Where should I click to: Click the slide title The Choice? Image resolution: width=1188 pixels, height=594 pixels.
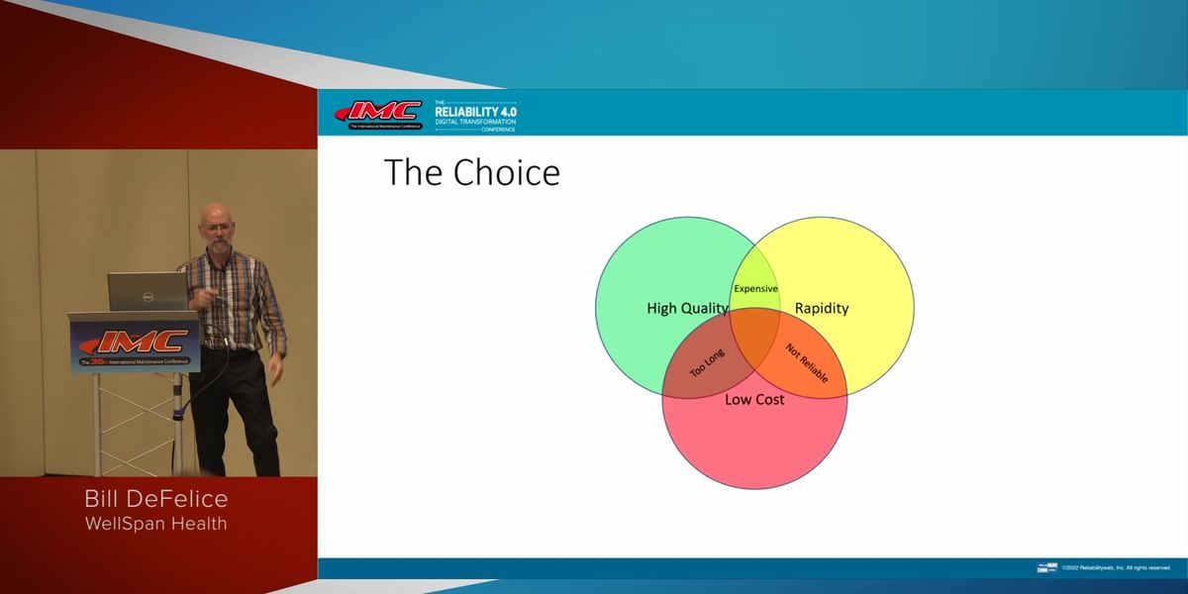(471, 172)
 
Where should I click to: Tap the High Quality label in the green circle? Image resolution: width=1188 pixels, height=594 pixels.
(687, 308)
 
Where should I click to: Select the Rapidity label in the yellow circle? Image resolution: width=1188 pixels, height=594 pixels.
(822, 308)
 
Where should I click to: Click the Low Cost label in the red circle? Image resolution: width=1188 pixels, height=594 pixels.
(754, 399)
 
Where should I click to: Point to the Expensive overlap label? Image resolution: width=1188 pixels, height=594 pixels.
(755, 289)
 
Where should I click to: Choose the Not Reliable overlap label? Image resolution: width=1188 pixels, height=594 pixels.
(806, 364)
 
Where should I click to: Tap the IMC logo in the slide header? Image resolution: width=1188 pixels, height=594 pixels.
(379, 114)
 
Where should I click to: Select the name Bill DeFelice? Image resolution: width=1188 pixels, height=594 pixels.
(157, 499)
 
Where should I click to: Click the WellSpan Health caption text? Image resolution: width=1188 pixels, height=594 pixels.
(157, 524)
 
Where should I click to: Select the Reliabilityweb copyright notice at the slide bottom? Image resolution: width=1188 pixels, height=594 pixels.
(1116, 567)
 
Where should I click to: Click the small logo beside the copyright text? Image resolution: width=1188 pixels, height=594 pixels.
(1046, 567)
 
